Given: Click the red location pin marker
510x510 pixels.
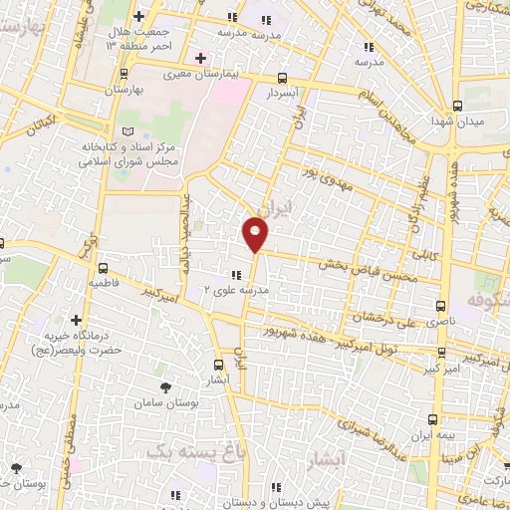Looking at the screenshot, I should [256, 235].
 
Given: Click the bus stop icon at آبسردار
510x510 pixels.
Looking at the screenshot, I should [283, 78].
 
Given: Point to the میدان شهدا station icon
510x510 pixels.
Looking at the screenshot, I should [457, 106].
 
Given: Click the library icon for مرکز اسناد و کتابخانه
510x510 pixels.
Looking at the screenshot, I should [126, 131].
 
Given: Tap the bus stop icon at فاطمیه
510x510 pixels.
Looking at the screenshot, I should [104, 267].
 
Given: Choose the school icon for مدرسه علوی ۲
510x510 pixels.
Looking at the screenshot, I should [235, 275].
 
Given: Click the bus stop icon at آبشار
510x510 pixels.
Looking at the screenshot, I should [219, 365].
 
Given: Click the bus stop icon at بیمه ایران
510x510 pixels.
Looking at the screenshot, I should [431, 419].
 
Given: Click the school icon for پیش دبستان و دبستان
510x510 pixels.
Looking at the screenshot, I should [276, 487].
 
